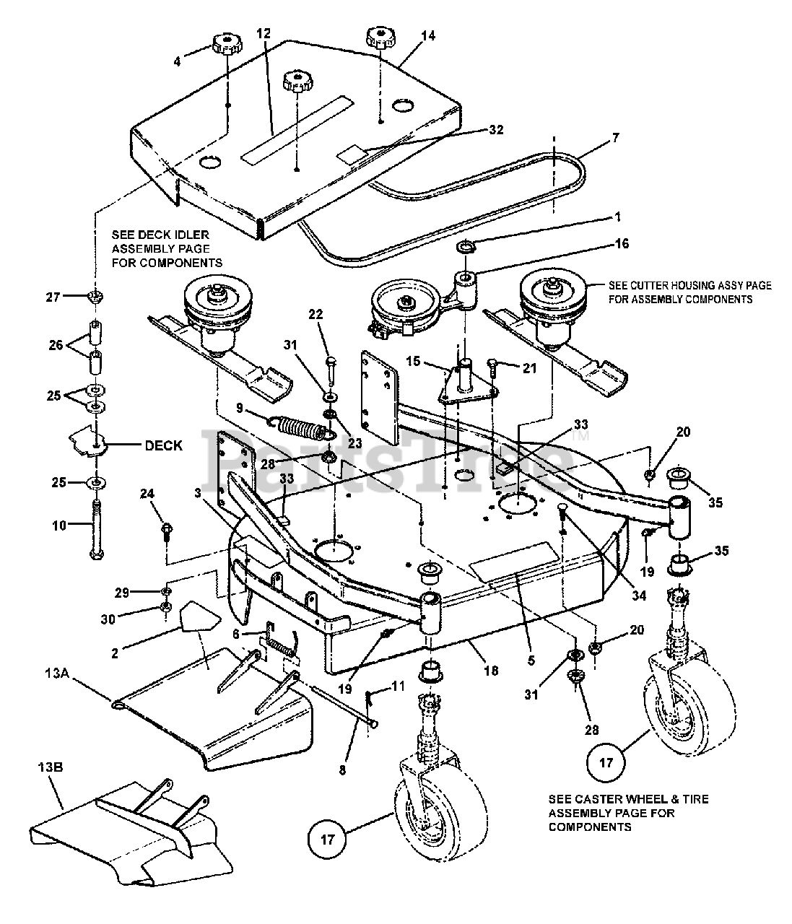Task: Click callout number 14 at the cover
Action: pos(429,35)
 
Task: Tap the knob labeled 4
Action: pos(226,49)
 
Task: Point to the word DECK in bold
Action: pos(164,445)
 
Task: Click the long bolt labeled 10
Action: pos(96,530)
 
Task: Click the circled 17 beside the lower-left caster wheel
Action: pos(328,840)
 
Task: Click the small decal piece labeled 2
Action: pos(199,619)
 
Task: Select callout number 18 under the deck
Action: pos(490,671)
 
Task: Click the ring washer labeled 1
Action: pos(466,248)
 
